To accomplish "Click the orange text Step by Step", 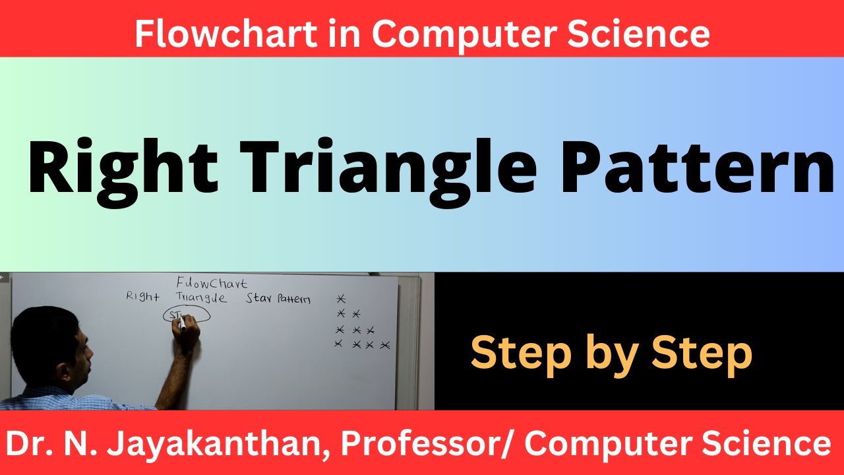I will pos(611,354).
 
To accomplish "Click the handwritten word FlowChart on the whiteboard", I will pos(212,284).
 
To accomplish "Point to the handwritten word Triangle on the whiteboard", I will pos(201,298).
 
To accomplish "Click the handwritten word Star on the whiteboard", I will pos(258,298).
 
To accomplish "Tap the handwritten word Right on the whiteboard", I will pos(143,298).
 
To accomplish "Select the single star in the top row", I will pos(340,299).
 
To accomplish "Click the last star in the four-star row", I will pos(386,345).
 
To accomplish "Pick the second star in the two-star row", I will pos(356,313).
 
